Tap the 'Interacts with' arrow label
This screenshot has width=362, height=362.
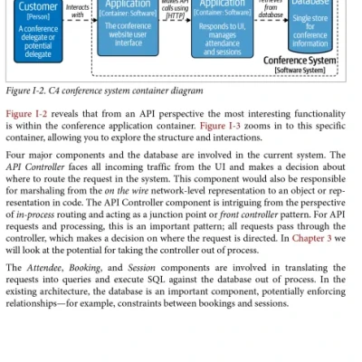pyautogui.click(x=78, y=11)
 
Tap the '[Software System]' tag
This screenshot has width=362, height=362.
pyautogui.click(x=306, y=71)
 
